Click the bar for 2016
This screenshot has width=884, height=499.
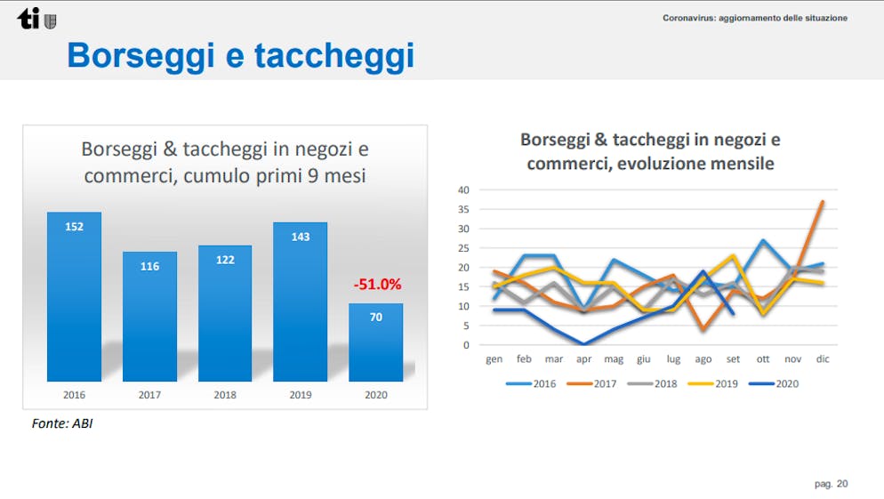click(74, 296)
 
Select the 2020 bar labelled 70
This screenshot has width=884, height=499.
click(375, 342)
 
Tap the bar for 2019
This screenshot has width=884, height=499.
click(300, 302)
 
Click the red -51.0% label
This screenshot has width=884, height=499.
click(377, 284)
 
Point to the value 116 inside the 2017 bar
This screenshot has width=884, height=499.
click(149, 266)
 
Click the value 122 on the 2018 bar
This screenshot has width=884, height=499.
click(225, 260)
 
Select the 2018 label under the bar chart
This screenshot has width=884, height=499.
click(225, 395)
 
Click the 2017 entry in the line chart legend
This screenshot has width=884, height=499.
click(591, 383)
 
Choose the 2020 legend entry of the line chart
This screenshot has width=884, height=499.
click(774, 383)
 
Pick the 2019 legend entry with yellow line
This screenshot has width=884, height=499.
click(712, 383)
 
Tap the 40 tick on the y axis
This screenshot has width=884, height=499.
click(463, 190)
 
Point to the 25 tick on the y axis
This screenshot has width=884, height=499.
click(463, 248)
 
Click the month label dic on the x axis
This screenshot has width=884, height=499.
click(823, 358)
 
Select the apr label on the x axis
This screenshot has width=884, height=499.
click(583, 359)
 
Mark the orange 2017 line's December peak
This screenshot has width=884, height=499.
click(823, 202)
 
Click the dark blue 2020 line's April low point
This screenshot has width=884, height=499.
click(583, 344)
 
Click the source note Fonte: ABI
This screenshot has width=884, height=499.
click(62, 423)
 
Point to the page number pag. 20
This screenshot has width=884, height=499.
click(831, 484)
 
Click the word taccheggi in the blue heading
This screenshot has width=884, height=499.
click(334, 57)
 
